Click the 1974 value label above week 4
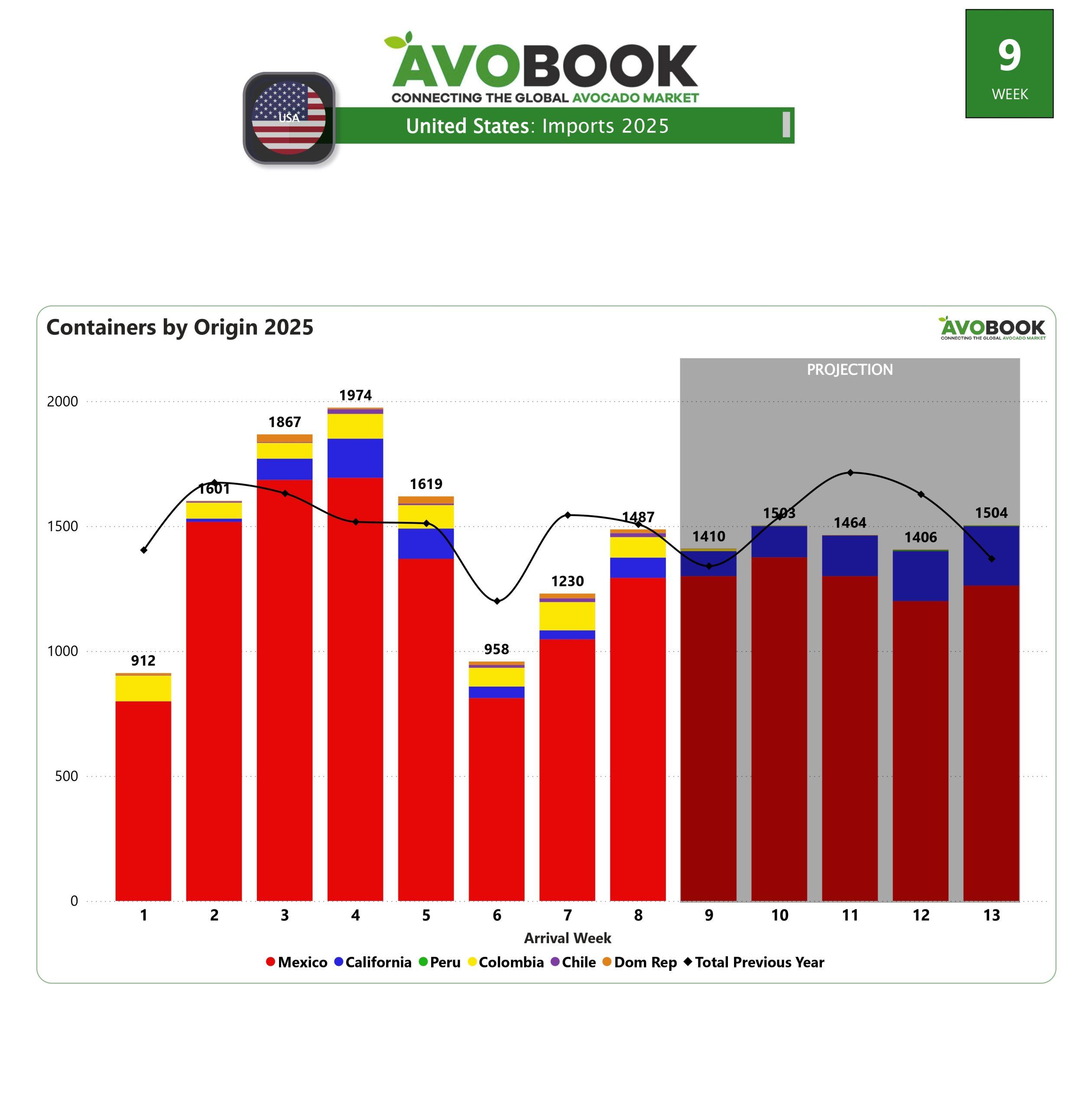pyautogui.click(x=355, y=395)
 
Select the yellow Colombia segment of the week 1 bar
pyautogui.click(x=143, y=688)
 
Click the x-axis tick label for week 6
pyautogui.click(x=497, y=915)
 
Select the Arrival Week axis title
pyautogui.click(x=567, y=938)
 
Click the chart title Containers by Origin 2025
pyautogui.click(x=180, y=327)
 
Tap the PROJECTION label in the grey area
pyautogui.click(x=850, y=370)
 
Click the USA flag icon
pyautogui.click(x=289, y=118)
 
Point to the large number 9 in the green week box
pyautogui.click(x=1009, y=55)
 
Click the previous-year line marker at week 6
pyautogui.click(x=497, y=601)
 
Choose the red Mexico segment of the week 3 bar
pyautogui.click(x=285, y=687)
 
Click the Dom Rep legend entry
pyautogui.click(x=640, y=962)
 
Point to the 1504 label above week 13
pyautogui.click(x=991, y=512)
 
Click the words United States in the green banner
pyautogui.click(x=467, y=126)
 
